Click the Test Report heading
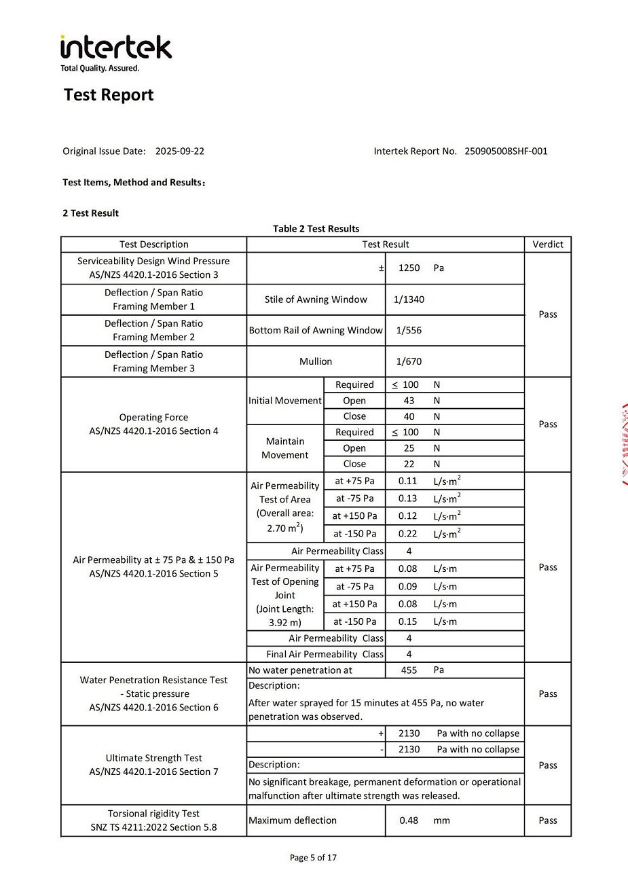pos(109,95)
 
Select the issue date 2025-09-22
pos(180,151)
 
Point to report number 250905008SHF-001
pos(506,151)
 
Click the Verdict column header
pos(548,244)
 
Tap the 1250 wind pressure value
pos(409,268)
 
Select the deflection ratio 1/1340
pos(409,300)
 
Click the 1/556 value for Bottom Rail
pos(409,331)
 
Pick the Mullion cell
pos(316,362)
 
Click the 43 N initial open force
pos(409,401)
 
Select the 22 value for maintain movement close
pos(409,465)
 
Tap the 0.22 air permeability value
pos(408,534)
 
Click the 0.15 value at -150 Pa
pos(408,622)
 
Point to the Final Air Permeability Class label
pos(325,655)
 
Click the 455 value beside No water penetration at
pos(409,670)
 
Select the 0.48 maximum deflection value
pos(409,820)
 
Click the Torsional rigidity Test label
pos(153,814)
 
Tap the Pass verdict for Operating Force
pos(548,424)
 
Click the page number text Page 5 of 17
pos(313,858)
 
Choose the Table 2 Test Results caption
pos(316,229)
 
